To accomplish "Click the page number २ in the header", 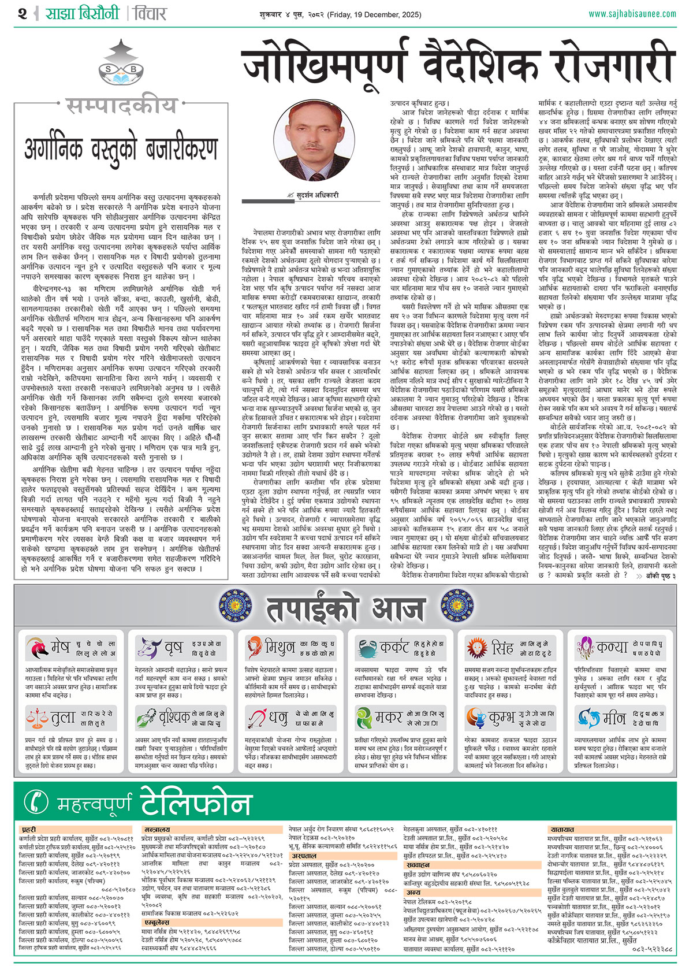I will pos(22,13).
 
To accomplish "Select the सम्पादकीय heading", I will pos(121,106).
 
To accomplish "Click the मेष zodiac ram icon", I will pos(38,648).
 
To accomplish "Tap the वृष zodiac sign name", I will pos(173,648).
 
